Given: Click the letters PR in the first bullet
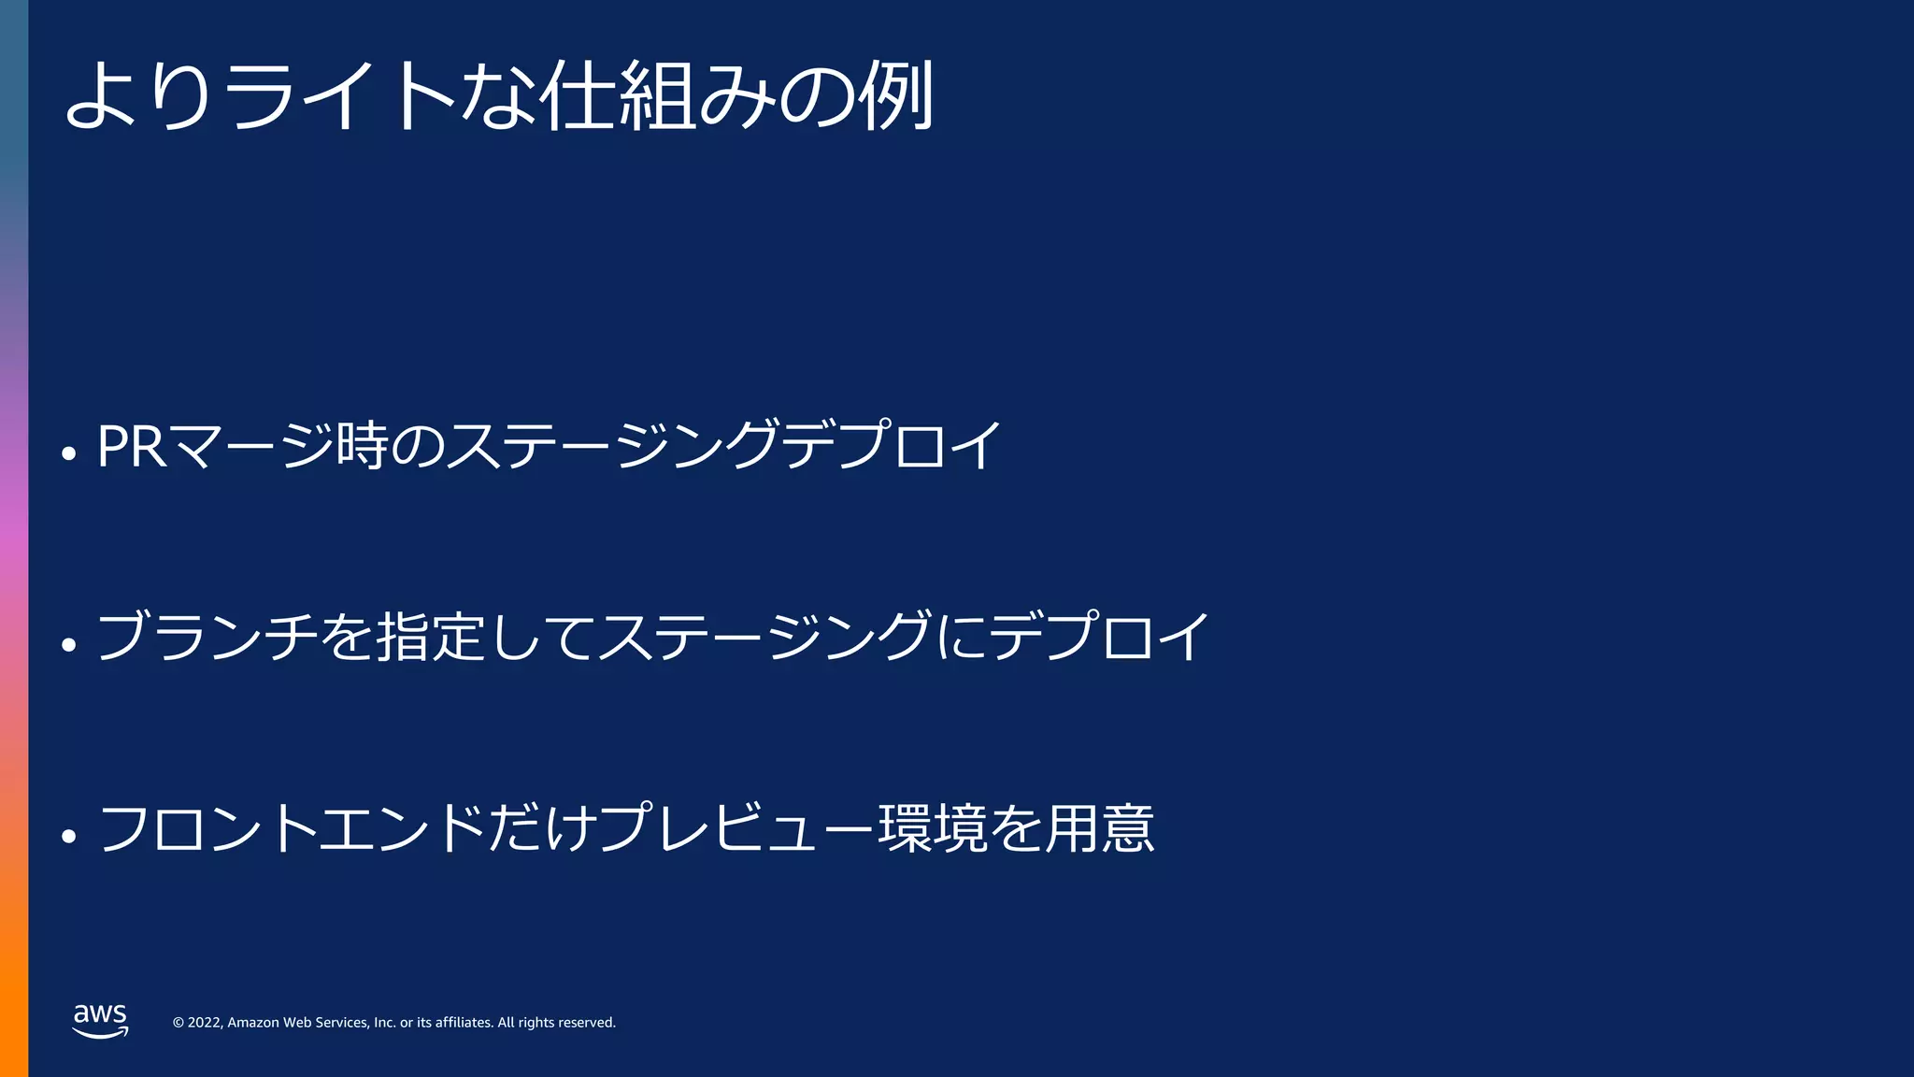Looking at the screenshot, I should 132,446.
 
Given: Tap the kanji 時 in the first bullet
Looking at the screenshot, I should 363,446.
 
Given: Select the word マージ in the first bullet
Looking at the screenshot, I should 251,446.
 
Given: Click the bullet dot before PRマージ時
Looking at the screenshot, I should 68,453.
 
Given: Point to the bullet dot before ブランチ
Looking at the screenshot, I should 68,644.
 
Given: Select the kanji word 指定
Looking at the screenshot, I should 430,637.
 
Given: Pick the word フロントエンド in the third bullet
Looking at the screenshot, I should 291,828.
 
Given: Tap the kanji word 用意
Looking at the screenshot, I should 1099,828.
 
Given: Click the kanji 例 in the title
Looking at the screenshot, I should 897,95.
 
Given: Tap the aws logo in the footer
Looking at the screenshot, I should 100,1020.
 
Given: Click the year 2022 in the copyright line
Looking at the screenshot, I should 205,1023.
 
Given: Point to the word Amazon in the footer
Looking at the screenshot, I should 253,1023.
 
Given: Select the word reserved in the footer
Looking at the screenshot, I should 587,1023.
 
